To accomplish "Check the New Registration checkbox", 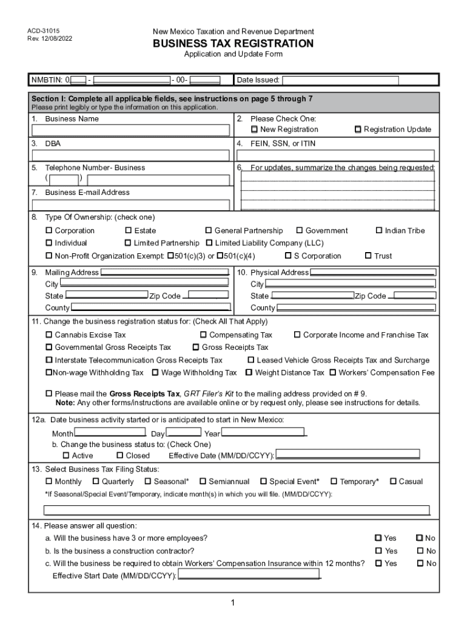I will click(255, 129).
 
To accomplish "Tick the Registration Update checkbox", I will click(358, 129).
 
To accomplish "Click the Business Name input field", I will click(130, 130).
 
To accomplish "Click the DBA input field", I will click(130, 155).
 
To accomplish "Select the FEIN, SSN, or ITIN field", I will click(335, 155).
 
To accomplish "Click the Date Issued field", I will click(340, 80).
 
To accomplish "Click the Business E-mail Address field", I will click(130, 204).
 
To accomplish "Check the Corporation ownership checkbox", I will click(49, 231).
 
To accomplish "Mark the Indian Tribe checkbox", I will click(379, 231).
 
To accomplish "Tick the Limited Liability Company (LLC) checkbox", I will click(210, 243).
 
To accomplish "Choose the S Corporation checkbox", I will click(288, 256).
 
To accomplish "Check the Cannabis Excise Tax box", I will click(49, 335).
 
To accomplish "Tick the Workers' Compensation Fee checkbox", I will click(332, 373).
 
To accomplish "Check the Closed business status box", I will click(119, 456).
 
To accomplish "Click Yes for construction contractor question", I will click(378, 551).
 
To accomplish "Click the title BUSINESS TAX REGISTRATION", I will click(233, 44).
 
